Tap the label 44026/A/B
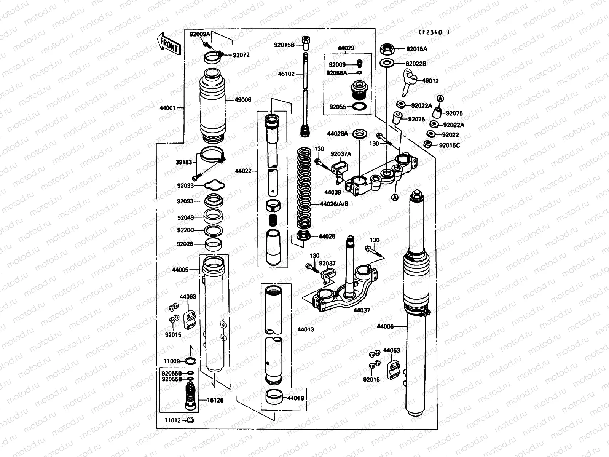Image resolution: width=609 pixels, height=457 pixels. [334, 204]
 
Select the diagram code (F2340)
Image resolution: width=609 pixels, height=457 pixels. [434, 32]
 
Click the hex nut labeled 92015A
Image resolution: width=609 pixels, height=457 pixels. [386, 49]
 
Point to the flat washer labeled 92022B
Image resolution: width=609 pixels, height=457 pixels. [387, 63]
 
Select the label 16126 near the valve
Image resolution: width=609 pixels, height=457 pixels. [215, 400]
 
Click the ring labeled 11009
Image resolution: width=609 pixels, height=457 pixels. [191, 361]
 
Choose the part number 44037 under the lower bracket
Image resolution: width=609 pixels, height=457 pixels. [362, 310]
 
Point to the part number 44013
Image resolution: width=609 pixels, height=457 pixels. [306, 329]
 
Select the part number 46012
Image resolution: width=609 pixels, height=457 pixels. [430, 81]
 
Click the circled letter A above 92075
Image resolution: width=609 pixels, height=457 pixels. [440, 98]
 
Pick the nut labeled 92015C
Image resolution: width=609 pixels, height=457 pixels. [427, 144]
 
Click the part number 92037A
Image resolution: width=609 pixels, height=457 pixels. [341, 154]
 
